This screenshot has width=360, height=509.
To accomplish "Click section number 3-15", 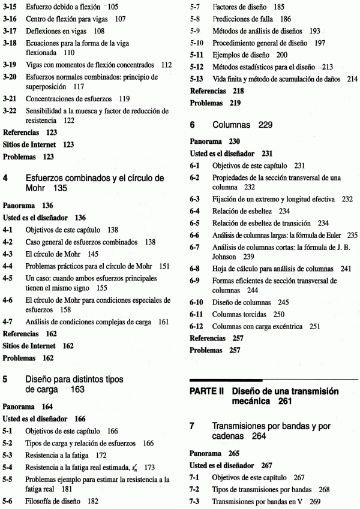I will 10,7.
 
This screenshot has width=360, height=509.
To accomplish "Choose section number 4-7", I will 10,323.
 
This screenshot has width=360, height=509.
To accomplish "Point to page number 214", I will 351,79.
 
